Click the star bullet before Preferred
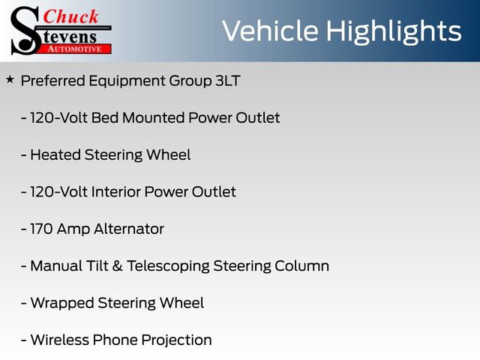[10, 79]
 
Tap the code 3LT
[227, 81]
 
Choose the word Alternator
[127, 229]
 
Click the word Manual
[56, 266]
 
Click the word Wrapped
[61, 303]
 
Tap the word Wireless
[58, 340]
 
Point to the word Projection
[177, 340]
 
